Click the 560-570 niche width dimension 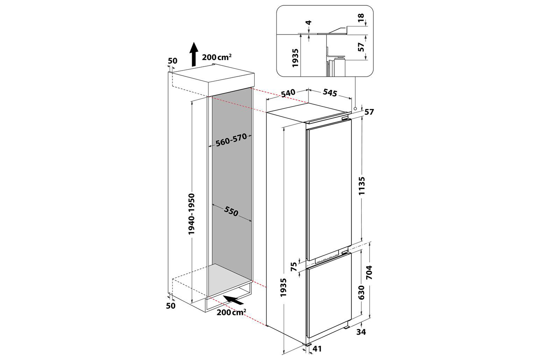[x=231, y=140]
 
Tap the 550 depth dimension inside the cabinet [x=231, y=211]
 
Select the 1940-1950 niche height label [x=192, y=214]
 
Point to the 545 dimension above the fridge [x=330, y=93]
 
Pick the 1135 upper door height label [x=362, y=186]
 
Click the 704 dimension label [x=369, y=272]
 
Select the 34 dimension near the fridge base [x=361, y=332]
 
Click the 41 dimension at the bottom [x=317, y=349]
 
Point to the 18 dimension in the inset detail [x=361, y=18]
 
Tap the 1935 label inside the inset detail [x=295, y=58]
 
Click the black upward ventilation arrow [x=193, y=54]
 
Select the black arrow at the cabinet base [x=234, y=300]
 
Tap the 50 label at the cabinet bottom [x=171, y=306]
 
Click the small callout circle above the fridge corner [x=355, y=109]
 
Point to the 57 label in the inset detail [x=361, y=47]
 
